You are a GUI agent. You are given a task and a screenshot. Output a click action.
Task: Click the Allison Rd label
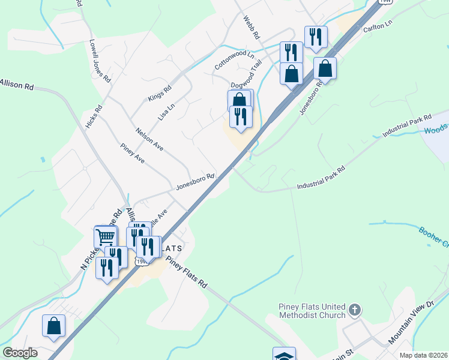pyautogui.click(x=17, y=85)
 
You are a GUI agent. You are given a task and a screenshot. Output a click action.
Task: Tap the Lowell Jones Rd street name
pyautogui.click(x=100, y=61)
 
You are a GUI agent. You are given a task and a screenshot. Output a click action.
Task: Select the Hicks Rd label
pyautogui.click(x=94, y=117)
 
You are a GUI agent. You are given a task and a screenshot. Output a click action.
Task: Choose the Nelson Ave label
pyautogui.click(x=149, y=139)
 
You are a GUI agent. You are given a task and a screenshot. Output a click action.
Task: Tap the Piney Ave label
pyautogui.click(x=132, y=154)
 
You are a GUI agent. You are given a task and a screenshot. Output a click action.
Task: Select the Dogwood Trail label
pyautogui.click(x=247, y=76)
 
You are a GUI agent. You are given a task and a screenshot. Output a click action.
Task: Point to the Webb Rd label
pyautogui.click(x=251, y=28)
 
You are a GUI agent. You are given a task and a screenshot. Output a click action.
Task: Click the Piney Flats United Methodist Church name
pyautogui.click(x=312, y=311)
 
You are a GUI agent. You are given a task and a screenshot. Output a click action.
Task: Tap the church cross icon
pyautogui.click(x=355, y=310)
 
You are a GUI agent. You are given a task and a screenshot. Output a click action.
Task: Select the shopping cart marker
pyautogui.click(x=106, y=235)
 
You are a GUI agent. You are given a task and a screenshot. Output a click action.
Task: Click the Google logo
pyautogui.click(x=20, y=353)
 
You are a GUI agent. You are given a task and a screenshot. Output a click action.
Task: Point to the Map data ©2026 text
pyautogui.click(x=423, y=355)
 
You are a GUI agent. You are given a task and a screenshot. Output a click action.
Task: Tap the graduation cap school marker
pyautogui.click(x=284, y=355)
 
